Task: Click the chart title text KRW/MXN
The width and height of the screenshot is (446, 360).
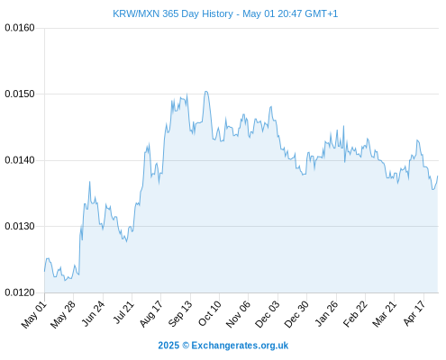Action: (x=136, y=13)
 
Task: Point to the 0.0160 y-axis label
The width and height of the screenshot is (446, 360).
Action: (x=20, y=28)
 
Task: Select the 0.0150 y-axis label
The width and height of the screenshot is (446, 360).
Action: (x=20, y=94)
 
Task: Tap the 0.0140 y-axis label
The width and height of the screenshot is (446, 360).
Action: (x=20, y=160)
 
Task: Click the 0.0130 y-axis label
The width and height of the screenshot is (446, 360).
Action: (x=20, y=226)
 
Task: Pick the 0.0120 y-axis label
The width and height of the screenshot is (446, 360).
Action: (x=20, y=292)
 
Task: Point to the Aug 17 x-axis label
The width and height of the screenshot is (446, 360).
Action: (x=151, y=314)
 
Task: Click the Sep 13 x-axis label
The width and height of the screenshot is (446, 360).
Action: (x=180, y=314)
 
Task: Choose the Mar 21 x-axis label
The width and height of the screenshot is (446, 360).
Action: (x=385, y=314)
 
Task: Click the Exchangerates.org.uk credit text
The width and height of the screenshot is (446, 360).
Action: (x=240, y=346)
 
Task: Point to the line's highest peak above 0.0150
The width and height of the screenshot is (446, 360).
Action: (x=206, y=91)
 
